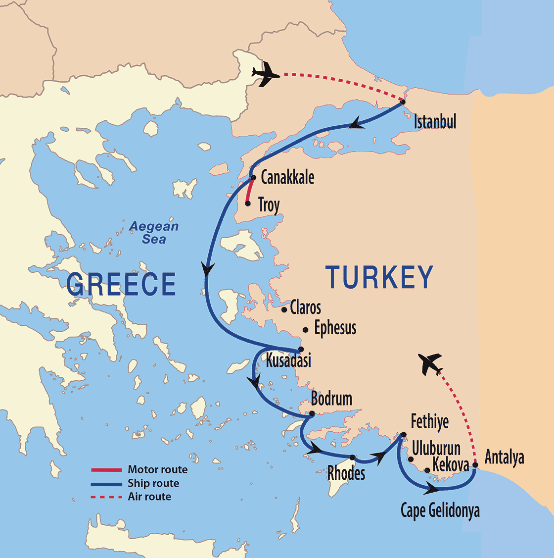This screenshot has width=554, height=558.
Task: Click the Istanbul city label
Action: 435,121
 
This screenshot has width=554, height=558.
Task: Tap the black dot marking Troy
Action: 248,203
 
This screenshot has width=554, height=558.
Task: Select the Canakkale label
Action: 287,177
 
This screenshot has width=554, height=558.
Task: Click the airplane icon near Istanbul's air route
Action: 265,73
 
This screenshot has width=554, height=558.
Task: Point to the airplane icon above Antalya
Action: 430,364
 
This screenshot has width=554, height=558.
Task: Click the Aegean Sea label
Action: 154,233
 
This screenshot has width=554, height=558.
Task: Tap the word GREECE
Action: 121,284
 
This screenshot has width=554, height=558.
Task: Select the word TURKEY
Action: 379,277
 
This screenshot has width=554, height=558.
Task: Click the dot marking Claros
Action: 284,310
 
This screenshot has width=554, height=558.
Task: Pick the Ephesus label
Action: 335,328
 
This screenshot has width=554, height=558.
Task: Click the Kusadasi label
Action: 288,360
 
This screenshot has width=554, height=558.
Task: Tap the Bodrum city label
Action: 331,399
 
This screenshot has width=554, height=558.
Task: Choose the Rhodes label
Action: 346,473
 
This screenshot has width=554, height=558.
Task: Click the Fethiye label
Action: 429,421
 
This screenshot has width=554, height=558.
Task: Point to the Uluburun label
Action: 436,448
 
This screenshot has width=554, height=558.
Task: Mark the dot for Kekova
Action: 427,470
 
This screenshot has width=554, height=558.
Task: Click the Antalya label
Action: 504,457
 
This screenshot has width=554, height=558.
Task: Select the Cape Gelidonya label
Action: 440,510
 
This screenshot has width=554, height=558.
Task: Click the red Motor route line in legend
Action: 106,470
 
